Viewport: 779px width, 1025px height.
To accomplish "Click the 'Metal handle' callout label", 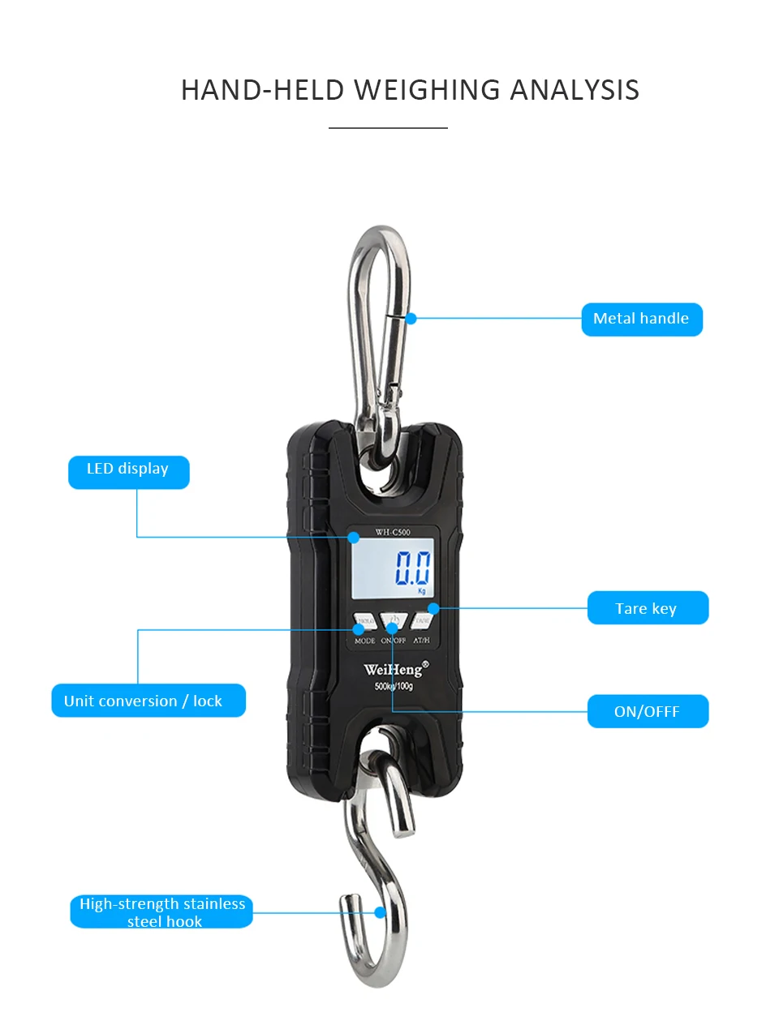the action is pos(641,319).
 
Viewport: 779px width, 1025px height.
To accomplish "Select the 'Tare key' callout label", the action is pos(647,608).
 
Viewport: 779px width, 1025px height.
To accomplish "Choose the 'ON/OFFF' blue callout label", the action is pos(647,711).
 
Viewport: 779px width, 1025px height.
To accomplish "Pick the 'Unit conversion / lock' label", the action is pos(148,701).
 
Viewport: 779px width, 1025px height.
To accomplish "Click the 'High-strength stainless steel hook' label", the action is pos(161,912).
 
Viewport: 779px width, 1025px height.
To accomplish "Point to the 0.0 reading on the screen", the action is pos(412,568).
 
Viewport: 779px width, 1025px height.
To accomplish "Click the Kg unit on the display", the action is pos(422,591).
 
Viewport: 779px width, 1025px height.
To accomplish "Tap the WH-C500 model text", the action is pos(393,532).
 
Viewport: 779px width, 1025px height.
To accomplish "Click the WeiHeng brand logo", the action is pos(394,669).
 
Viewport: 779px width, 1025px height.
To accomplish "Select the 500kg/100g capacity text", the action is pos(394,686).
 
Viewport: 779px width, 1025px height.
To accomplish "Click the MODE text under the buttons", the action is pos(365,641).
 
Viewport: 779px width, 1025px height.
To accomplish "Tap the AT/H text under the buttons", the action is pos(421,641).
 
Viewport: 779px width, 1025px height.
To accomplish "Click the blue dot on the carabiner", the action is pos(411,319).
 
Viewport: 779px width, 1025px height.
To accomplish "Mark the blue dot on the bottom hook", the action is pos(380,912).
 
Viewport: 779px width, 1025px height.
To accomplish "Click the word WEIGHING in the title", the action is pos(428,90).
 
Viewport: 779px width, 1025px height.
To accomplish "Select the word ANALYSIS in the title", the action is pos(575,90).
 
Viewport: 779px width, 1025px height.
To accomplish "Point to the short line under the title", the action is pos(388,128).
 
